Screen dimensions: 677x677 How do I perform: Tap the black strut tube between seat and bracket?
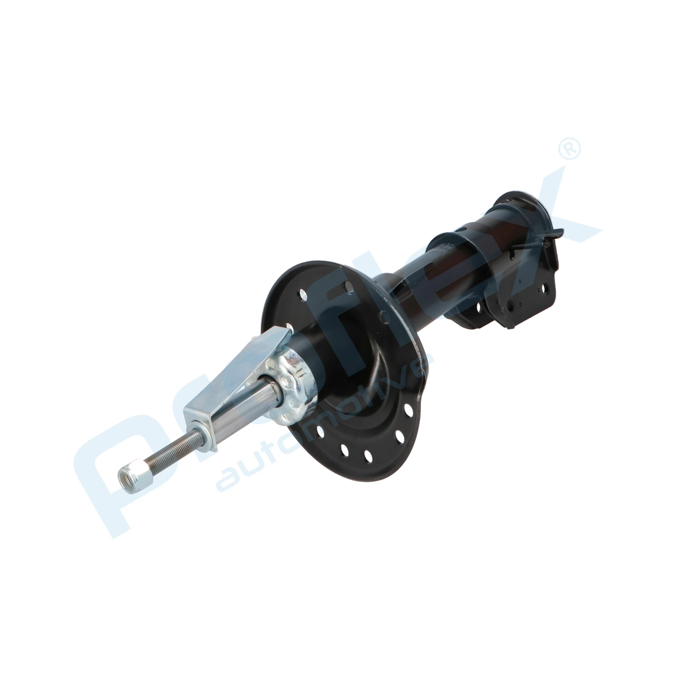click(415, 289)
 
